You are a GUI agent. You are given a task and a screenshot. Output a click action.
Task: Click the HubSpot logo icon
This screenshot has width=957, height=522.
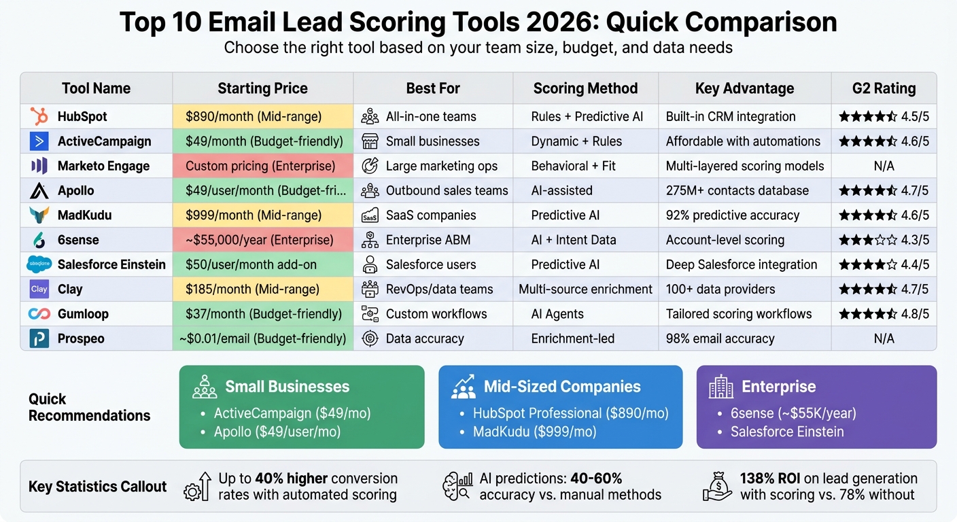pos(39,116)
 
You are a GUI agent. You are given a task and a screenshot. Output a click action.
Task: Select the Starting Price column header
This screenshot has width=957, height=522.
pos(262,88)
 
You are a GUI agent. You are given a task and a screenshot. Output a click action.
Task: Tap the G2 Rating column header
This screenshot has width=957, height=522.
pos(884,88)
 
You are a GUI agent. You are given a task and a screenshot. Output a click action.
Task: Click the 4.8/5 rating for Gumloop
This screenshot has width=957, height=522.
pos(884,314)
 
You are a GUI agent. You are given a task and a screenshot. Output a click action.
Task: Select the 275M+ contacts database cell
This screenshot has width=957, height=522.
pos(737,190)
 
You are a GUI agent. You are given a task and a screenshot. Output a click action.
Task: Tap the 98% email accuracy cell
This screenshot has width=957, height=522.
pos(720,338)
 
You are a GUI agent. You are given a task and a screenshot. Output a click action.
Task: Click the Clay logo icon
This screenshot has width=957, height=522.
pos(39,289)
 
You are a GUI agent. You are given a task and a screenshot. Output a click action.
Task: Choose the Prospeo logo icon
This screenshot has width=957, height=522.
pos(39,338)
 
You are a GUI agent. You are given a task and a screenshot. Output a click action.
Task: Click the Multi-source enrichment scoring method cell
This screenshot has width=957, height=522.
pos(585,289)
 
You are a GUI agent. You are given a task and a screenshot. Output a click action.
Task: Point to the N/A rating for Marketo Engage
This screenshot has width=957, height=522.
pos(884,166)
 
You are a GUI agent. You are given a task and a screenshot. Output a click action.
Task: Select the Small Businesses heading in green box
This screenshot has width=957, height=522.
pos(287,387)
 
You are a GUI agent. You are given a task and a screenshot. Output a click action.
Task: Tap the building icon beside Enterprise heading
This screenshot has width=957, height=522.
pos(720,387)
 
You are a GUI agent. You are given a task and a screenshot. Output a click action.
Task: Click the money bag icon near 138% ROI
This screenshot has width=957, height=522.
pos(718,487)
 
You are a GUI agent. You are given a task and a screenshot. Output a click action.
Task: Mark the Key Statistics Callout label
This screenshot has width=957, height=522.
pos(97,487)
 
